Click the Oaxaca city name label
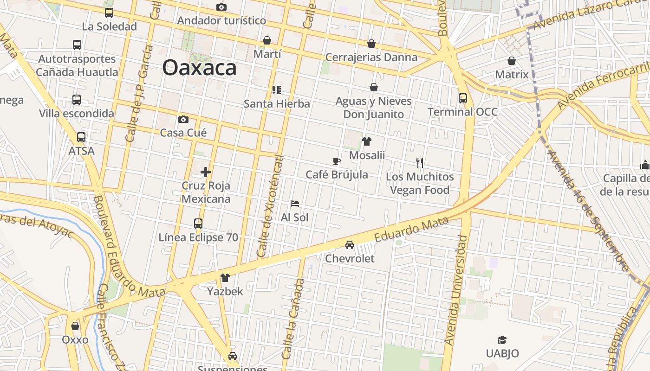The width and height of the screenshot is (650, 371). [x=199, y=68]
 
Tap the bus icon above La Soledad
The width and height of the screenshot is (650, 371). [x=109, y=13]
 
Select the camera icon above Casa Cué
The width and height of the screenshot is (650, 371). [x=183, y=119]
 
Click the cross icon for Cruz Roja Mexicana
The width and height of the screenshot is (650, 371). [x=206, y=172]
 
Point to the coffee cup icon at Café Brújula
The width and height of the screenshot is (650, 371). [x=337, y=161]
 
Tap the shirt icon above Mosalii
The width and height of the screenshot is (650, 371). [x=367, y=141]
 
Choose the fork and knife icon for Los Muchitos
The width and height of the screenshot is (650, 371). [x=420, y=163]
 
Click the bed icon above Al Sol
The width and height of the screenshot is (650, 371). [x=294, y=203]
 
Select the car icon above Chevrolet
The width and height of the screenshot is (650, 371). [x=350, y=244]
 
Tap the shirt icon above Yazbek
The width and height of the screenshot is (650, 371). [x=225, y=278]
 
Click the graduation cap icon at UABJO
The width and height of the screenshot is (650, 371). [x=502, y=340]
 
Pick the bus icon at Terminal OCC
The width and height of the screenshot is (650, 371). [x=462, y=98]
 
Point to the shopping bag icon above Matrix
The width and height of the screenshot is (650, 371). [x=512, y=61]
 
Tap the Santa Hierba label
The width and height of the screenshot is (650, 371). [x=277, y=103]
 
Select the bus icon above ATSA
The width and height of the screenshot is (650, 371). [x=81, y=137]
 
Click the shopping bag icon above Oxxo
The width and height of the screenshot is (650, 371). [x=75, y=326]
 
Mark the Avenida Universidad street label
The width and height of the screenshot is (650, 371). [x=455, y=290]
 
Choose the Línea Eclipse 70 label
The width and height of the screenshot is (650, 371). [x=198, y=237]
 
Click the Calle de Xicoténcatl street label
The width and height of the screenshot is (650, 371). [x=270, y=206]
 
